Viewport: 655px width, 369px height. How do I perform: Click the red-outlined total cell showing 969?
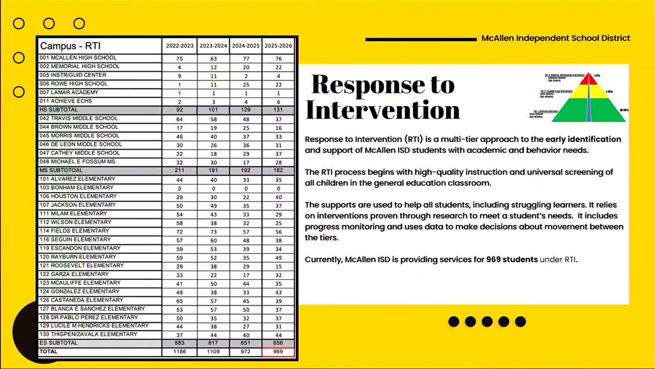278,352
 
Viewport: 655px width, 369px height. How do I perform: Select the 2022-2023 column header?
180,46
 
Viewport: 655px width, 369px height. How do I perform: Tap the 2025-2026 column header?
278,46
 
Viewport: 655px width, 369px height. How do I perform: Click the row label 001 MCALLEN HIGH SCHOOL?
78,58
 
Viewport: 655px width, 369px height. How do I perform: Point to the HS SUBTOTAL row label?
59,110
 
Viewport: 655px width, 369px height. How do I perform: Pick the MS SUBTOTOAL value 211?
179,170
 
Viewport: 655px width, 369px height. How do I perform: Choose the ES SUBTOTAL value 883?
179,343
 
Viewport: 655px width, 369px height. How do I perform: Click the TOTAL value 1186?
179,352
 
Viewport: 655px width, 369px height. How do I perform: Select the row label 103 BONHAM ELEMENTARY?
76,188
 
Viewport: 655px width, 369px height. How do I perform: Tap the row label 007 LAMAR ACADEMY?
69,92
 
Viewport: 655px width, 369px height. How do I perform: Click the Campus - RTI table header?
71,46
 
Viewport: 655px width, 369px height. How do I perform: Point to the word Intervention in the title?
383,110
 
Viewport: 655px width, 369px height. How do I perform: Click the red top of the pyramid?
588,79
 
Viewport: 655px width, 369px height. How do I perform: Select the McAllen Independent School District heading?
555,38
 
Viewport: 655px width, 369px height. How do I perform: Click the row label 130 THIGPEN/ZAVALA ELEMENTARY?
88,334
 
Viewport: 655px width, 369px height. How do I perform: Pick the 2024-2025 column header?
246,46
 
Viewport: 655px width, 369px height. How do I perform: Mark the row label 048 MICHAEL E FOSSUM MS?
77,162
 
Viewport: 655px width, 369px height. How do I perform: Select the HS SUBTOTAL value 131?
278,110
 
